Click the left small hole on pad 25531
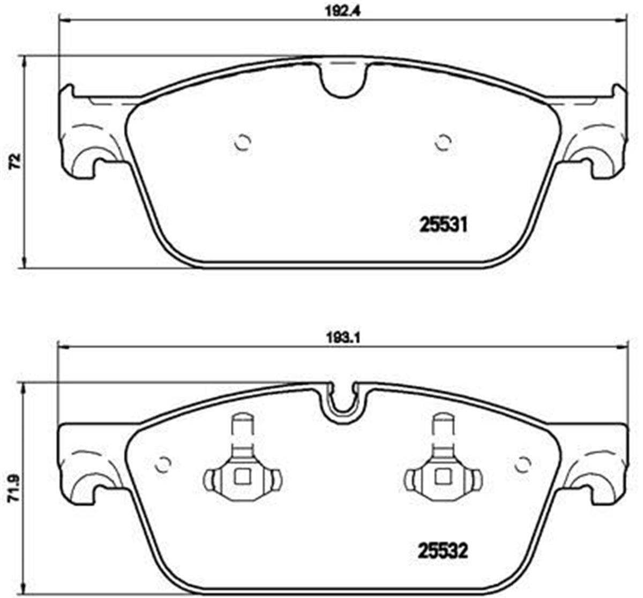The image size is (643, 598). coord(243,143)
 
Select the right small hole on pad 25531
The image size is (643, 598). coord(443,143)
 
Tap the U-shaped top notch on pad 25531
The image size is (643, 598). coord(343,80)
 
